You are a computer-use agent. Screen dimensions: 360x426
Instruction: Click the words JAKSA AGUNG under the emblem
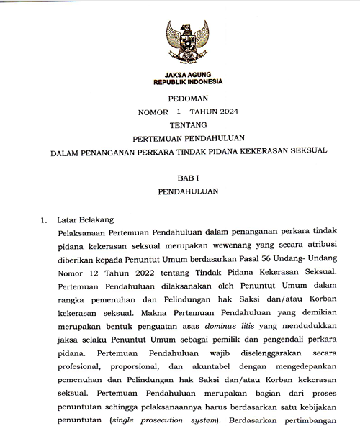point(187,73)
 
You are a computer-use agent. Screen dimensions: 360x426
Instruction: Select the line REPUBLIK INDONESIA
point(187,82)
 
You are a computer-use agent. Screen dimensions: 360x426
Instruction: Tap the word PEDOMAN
point(187,99)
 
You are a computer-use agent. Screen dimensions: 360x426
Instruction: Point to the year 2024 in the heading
point(224,112)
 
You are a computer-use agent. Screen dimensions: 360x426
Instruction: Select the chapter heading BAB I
point(187,177)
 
